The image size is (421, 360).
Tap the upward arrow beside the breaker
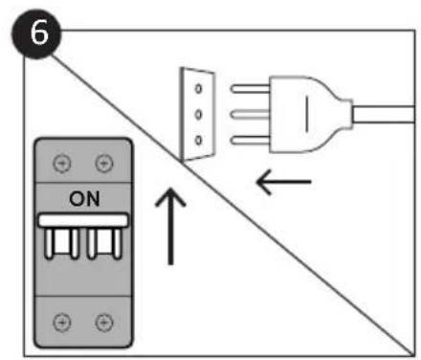tap(170, 225)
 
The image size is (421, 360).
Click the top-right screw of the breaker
tap(104, 164)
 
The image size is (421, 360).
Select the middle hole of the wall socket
tap(198, 114)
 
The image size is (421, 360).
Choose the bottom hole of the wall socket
tap(198, 141)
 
